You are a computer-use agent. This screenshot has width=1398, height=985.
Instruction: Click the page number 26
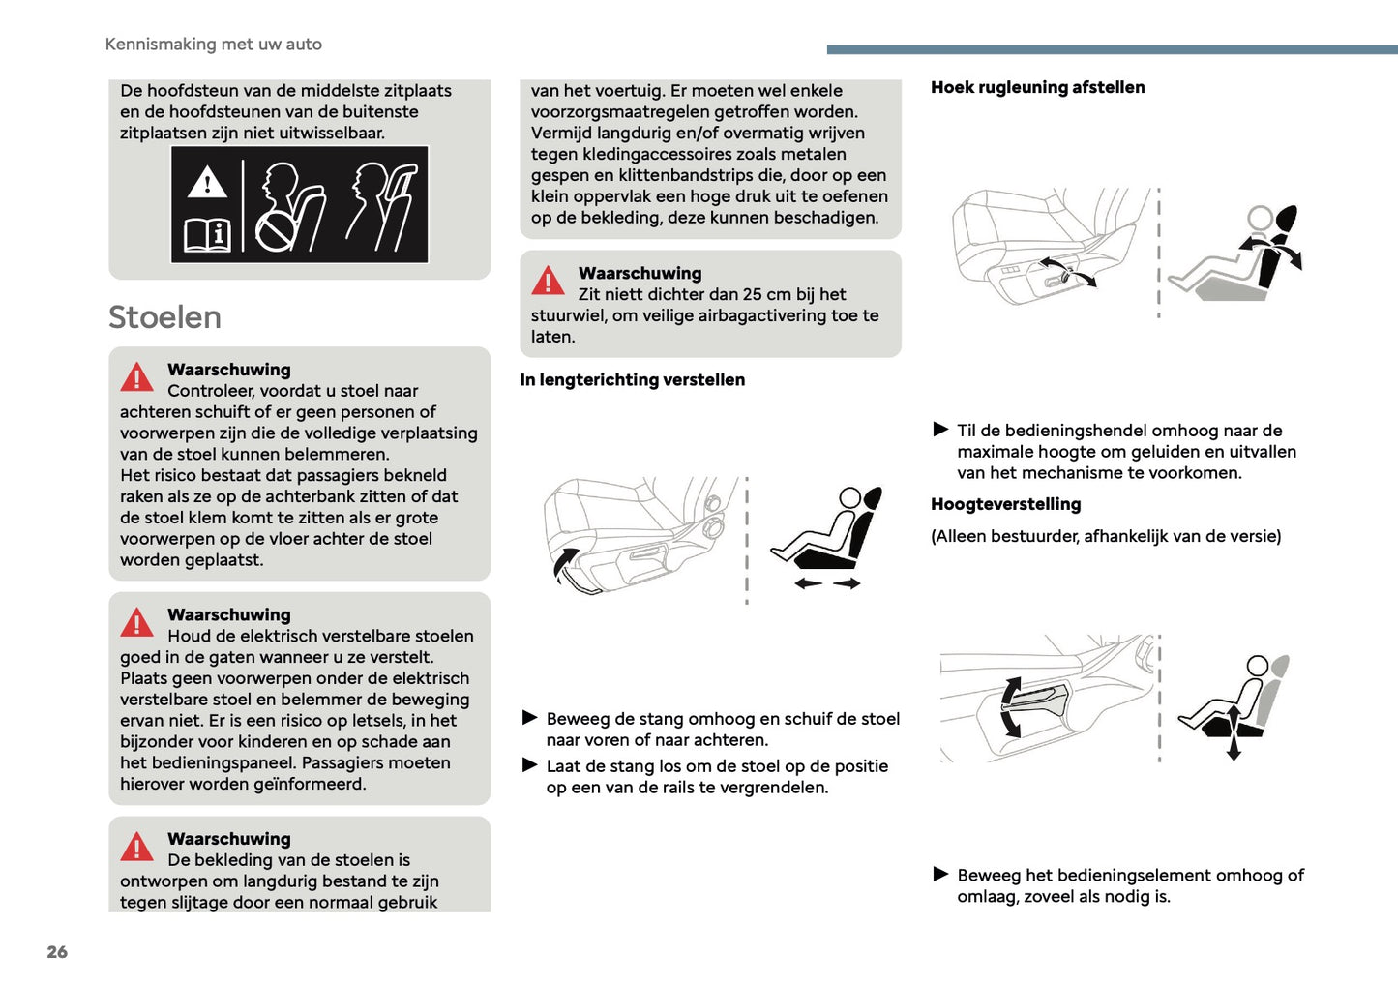(x=57, y=951)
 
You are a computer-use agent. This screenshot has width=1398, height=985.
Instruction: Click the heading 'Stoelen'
(x=164, y=317)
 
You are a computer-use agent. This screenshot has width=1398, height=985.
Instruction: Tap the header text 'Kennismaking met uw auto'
(x=214, y=45)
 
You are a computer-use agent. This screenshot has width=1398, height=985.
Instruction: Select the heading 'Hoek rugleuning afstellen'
(x=1037, y=87)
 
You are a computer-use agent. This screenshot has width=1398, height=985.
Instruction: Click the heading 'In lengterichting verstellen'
(x=632, y=380)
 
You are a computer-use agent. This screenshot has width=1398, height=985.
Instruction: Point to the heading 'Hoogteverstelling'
(x=1005, y=504)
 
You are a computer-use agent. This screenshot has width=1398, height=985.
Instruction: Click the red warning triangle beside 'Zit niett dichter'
(x=548, y=281)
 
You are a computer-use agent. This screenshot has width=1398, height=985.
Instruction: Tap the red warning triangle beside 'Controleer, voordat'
(x=136, y=377)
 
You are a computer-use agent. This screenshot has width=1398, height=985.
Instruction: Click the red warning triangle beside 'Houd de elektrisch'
(x=136, y=622)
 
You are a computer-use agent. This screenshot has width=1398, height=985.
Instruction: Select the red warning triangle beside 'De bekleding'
(x=136, y=847)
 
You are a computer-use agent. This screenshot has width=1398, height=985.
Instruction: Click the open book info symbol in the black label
(x=207, y=236)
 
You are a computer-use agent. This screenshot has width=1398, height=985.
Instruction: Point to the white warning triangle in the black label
(x=207, y=183)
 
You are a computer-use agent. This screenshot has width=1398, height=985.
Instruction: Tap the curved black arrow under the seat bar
(x=564, y=563)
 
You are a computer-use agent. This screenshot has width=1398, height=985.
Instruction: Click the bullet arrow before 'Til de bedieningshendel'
(x=940, y=430)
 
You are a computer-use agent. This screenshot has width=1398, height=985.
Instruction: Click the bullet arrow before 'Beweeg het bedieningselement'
(x=940, y=874)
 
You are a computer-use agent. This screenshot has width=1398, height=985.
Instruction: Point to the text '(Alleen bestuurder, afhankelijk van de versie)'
(x=1106, y=537)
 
